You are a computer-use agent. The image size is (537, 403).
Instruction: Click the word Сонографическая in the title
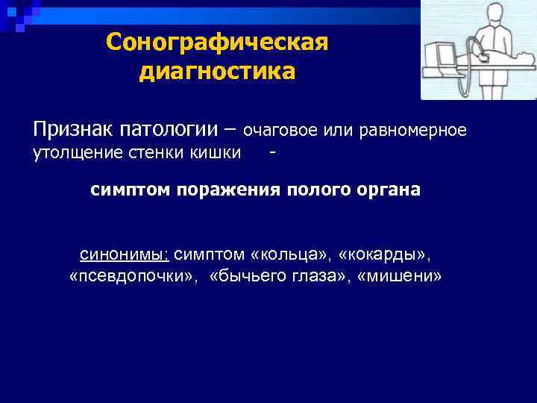(x=217, y=42)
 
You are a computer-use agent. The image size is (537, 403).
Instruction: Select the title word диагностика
(x=216, y=72)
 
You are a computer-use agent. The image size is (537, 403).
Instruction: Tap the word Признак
(x=73, y=130)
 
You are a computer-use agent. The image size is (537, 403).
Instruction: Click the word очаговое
(x=280, y=131)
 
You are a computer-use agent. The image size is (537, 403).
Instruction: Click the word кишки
(x=218, y=153)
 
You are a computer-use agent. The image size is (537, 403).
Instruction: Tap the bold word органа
(x=386, y=190)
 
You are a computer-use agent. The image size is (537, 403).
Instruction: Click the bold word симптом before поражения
(x=131, y=190)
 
